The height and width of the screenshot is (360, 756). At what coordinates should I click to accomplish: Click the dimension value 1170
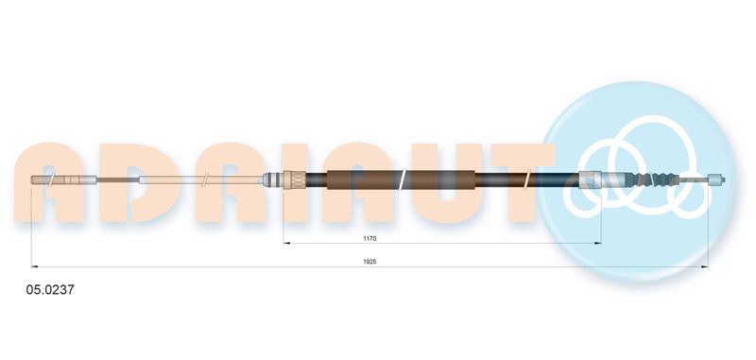(x=369, y=238)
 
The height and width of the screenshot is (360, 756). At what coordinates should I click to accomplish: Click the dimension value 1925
(x=369, y=262)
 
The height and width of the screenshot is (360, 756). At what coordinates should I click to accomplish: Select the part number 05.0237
(x=50, y=290)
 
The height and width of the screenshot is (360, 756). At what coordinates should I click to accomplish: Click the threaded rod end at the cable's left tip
(x=64, y=180)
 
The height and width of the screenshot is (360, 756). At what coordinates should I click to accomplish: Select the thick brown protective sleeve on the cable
(x=401, y=180)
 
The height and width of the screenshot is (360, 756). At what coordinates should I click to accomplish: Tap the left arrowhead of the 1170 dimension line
(x=287, y=243)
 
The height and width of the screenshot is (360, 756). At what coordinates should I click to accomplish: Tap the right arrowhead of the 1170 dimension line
(x=598, y=243)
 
